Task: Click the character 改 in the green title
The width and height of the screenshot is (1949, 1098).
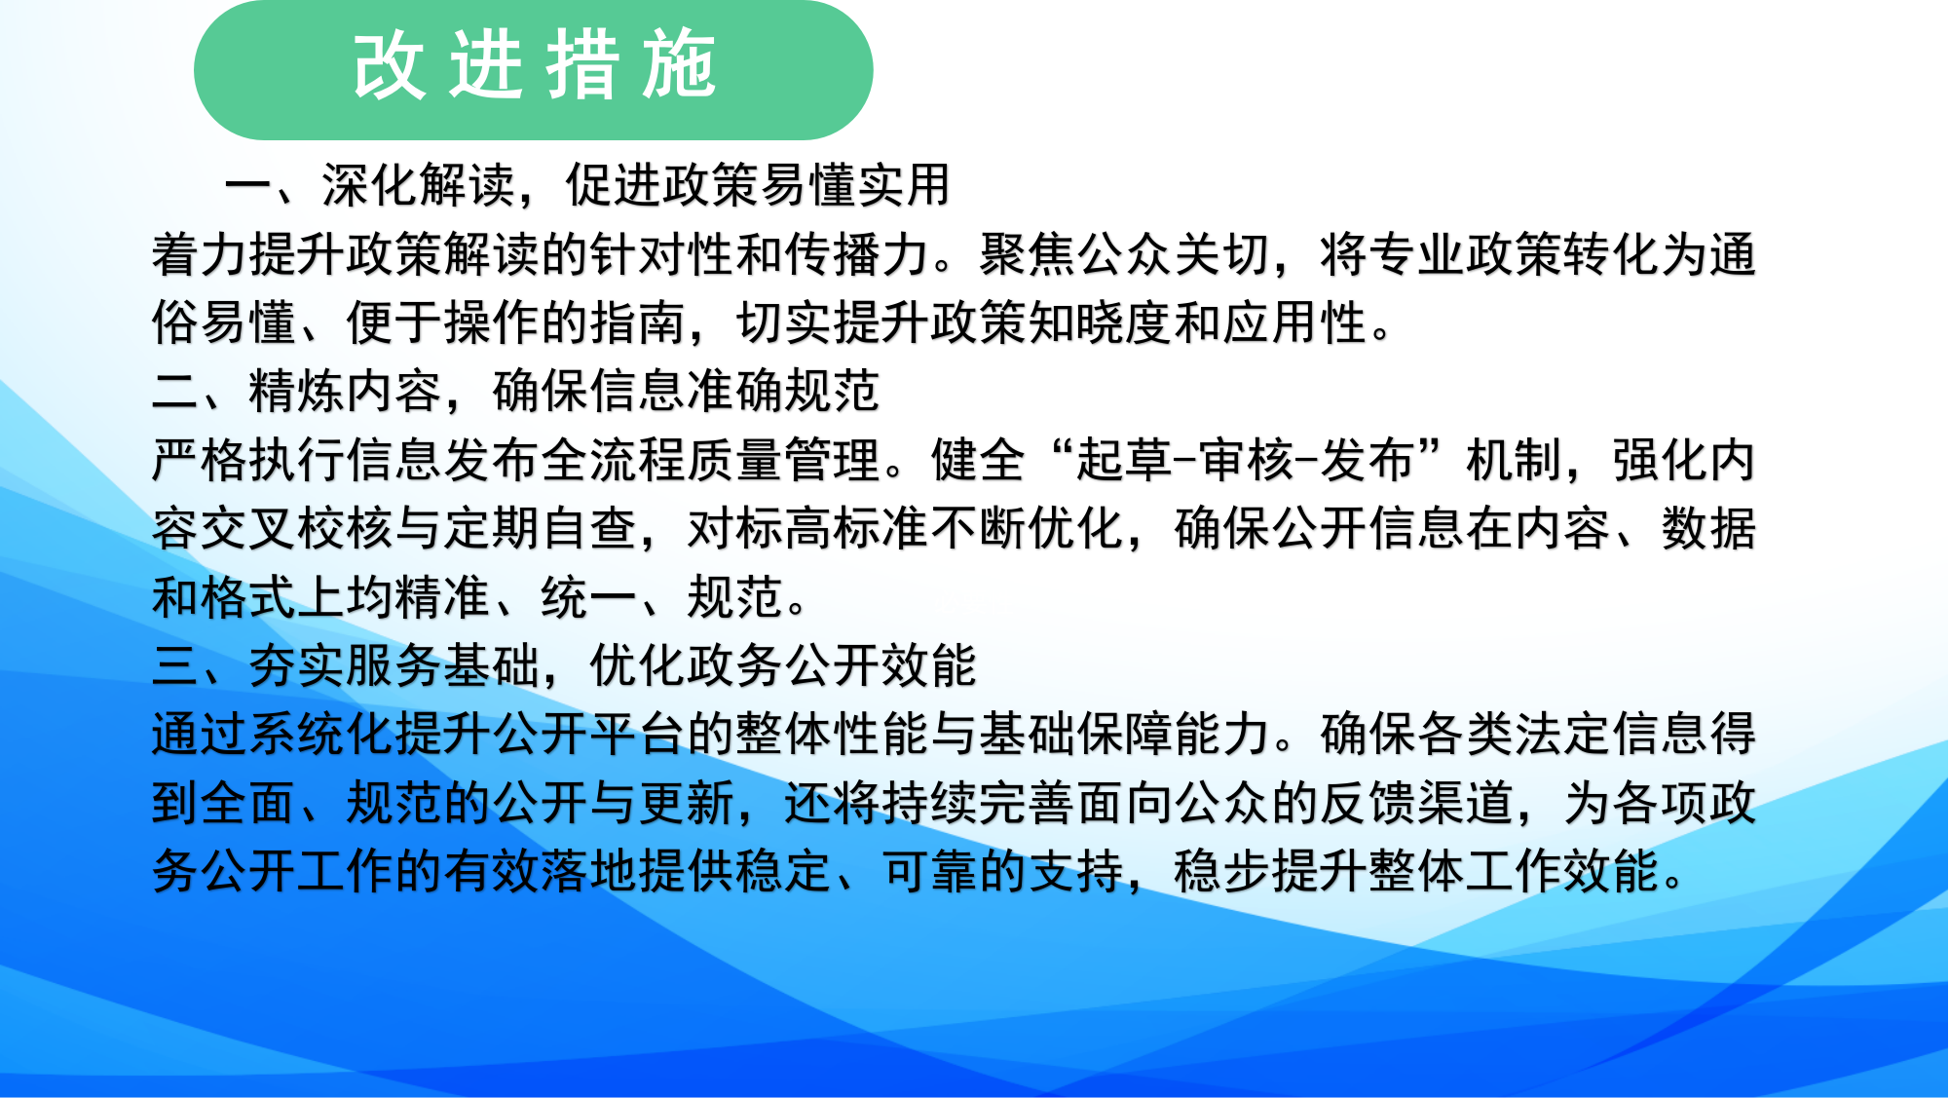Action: point(390,66)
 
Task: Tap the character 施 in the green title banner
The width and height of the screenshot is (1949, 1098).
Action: point(680,66)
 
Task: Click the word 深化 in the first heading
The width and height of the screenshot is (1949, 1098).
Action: point(370,185)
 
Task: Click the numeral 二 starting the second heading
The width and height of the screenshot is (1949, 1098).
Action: point(175,392)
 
